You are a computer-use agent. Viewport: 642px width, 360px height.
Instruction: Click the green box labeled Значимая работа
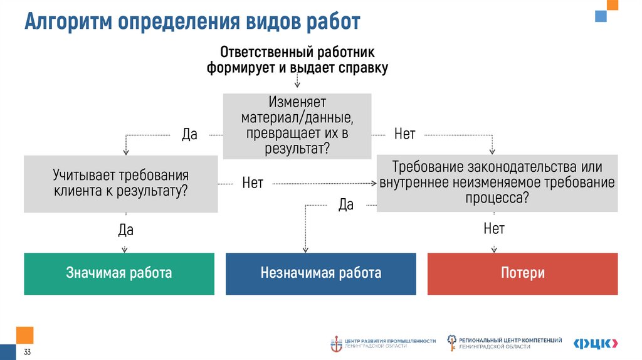[119, 273]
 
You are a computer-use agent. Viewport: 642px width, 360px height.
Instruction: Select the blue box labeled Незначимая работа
[320, 273]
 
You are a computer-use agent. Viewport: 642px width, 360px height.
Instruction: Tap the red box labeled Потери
[522, 273]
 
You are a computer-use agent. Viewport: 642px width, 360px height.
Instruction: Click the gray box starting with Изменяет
[297, 125]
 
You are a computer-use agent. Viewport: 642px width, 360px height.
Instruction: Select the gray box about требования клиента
[120, 183]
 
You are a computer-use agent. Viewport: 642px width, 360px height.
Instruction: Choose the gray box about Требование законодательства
[497, 183]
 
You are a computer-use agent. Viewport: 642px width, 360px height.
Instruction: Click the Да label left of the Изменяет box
[189, 135]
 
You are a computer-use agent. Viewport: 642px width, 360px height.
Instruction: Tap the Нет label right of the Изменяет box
[404, 135]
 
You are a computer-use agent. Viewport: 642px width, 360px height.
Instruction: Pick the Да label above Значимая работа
[125, 231]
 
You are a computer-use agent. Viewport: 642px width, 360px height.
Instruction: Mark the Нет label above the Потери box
[494, 229]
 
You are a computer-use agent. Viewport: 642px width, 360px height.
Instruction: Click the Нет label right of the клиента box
[252, 184]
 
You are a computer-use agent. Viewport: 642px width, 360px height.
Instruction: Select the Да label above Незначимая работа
[346, 204]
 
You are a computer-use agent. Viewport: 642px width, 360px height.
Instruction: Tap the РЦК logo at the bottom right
[596, 342]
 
